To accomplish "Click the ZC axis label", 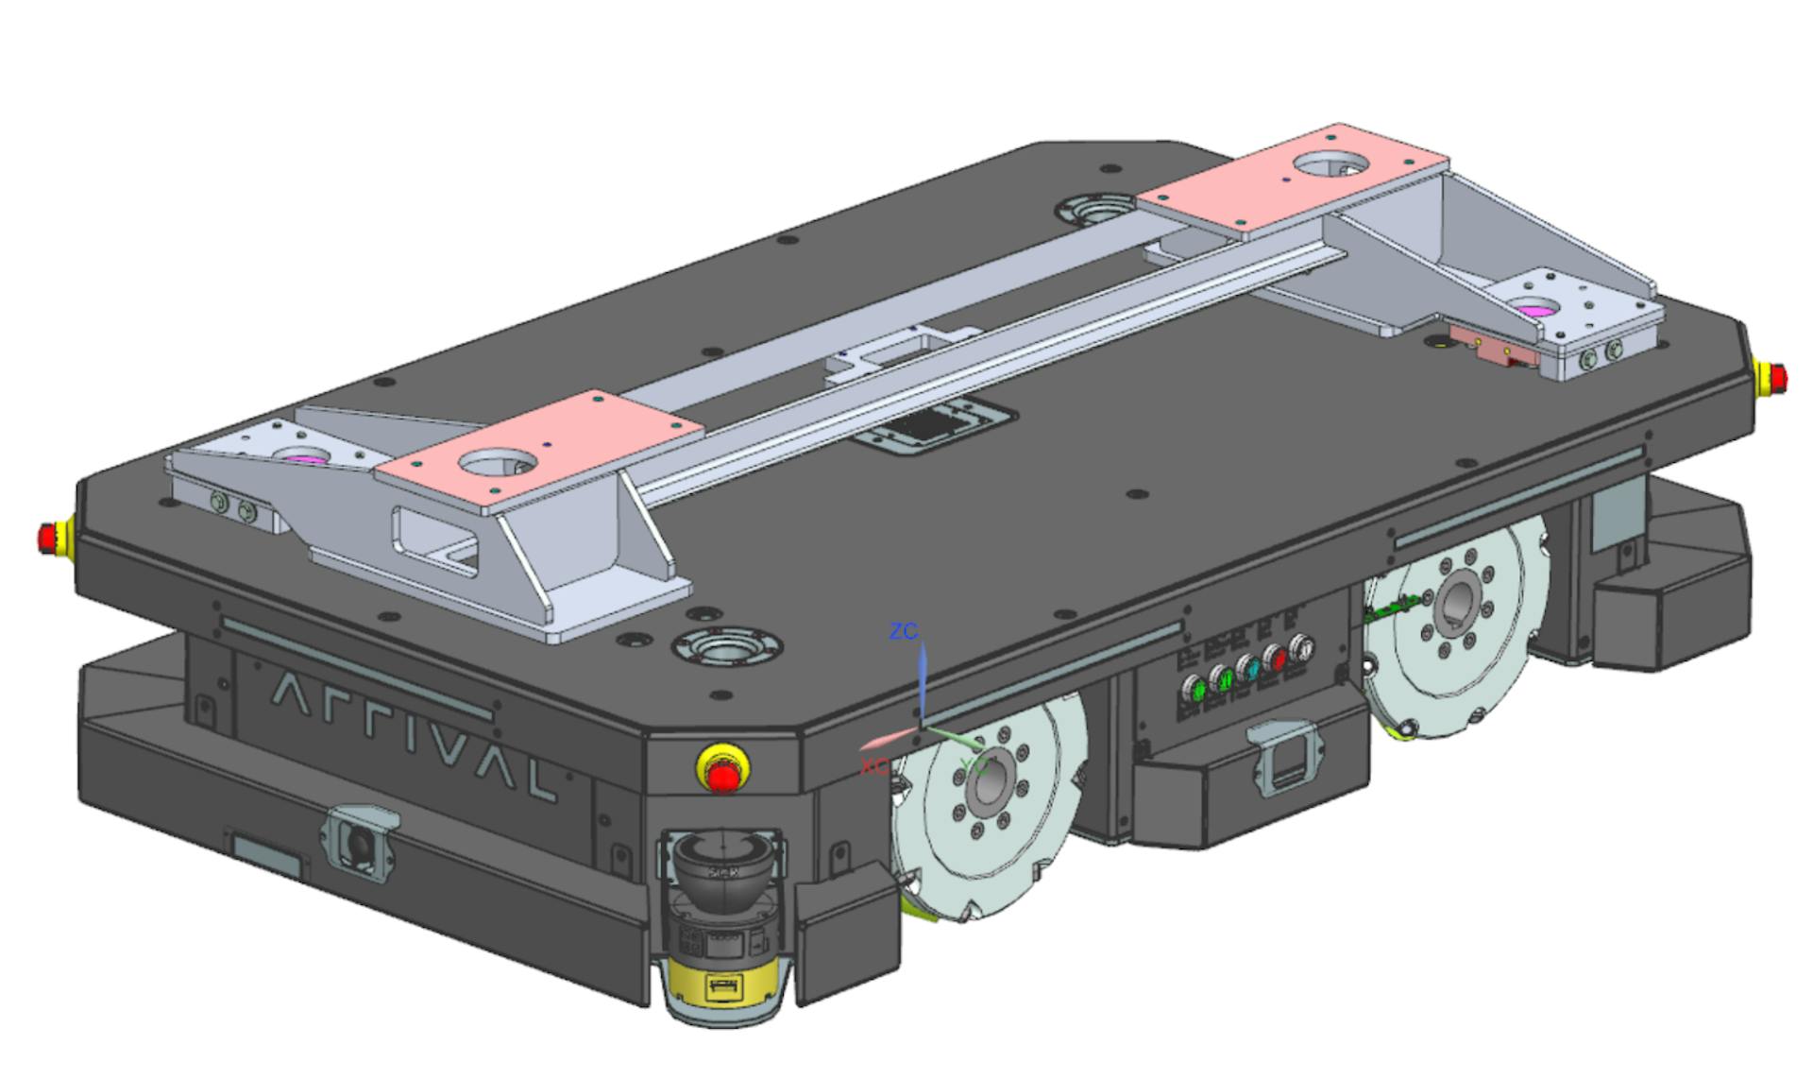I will click(x=904, y=631).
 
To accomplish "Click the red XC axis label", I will click(x=873, y=766).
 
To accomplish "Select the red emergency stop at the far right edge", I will click(x=1773, y=376).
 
